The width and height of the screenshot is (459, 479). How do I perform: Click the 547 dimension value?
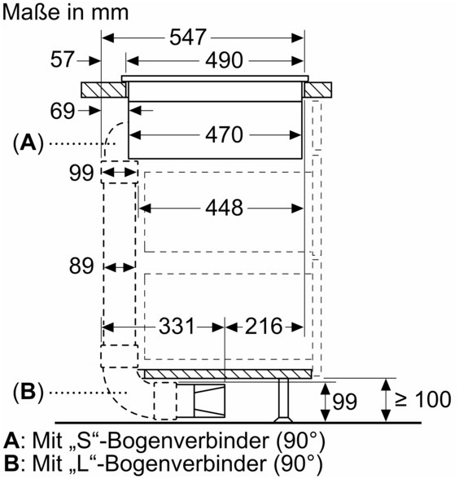click(x=188, y=37)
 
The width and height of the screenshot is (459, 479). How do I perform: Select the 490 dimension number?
click(x=224, y=60)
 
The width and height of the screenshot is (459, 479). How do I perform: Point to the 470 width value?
click(x=224, y=134)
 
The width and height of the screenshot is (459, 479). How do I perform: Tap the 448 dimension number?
click(x=224, y=208)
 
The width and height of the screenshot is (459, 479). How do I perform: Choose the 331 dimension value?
click(x=177, y=326)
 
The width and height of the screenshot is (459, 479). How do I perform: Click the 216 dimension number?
click(x=264, y=326)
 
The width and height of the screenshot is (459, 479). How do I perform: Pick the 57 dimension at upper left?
click(x=62, y=59)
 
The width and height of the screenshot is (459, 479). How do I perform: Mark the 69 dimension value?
click(x=62, y=111)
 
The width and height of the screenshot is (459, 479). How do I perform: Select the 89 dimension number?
click(x=81, y=266)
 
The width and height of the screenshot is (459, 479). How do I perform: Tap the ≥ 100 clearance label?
click(x=422, y=399)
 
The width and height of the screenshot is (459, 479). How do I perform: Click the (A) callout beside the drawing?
click(x=28, y=143)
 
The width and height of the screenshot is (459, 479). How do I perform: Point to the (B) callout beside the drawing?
click(x=28, y=392)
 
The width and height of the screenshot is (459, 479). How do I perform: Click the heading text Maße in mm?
click(x=65, y=12)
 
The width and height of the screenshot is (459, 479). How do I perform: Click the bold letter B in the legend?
click(x=11, y=463)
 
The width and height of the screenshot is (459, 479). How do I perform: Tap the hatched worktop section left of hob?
click(x=104, y=90)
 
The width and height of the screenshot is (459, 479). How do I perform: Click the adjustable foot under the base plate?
click(x=283, y=401)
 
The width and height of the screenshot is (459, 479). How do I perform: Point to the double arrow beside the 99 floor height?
click(x=326, y=402)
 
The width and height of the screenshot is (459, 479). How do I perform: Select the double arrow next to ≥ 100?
click(x=386, y=400)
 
